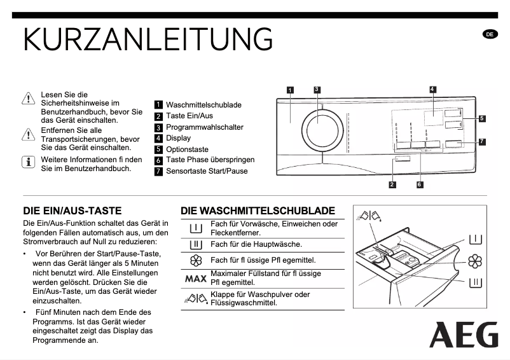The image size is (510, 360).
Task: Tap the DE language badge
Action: [x=490, y=34]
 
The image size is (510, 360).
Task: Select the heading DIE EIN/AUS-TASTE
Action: [x=72, y=211]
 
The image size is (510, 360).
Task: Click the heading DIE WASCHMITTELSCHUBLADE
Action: [x=258, y=211]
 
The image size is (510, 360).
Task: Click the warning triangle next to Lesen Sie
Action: [x=28, y=99]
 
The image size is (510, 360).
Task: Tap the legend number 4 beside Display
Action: [x=158, y=138]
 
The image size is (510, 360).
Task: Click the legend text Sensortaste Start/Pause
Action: [x=207, y=171]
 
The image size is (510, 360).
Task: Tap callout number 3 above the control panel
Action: [x=316, y=89]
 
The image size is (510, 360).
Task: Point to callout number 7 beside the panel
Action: [x=482, y=141]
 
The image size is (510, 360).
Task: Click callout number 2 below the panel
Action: [x=392, y=184]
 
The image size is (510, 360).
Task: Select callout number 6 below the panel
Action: [x=420, y=184]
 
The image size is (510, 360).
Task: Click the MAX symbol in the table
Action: [x=196, y=278]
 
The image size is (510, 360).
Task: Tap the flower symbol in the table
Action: [x=196, y=260]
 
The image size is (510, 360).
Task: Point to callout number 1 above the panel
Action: [x=290, y=90]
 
